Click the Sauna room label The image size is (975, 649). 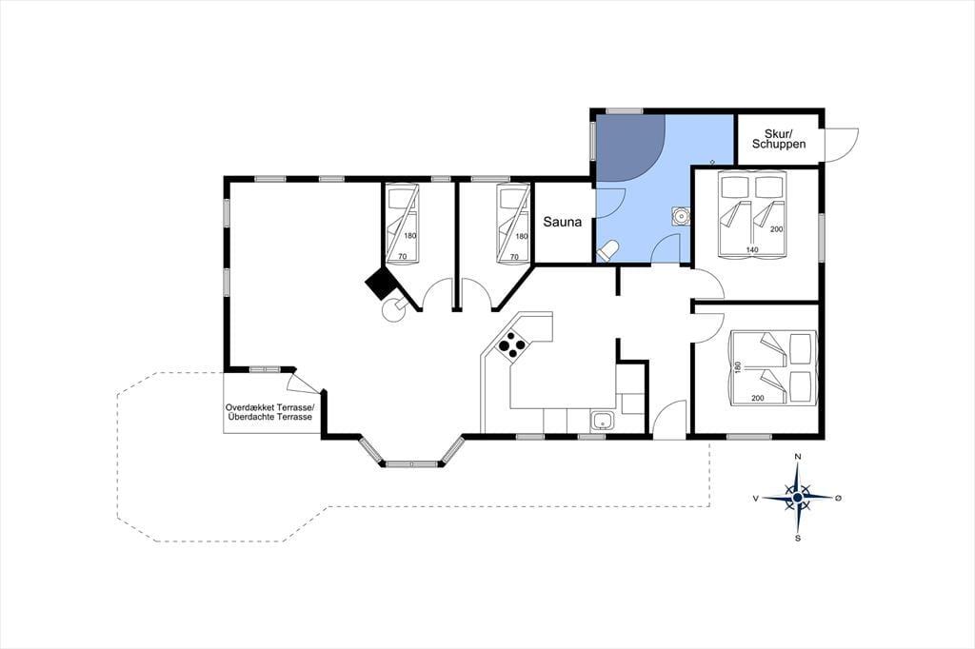[562, 222]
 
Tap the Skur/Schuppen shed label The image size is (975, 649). [779, 139]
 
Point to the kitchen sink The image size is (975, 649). [602, 421]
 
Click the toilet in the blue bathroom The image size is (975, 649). [607, 250]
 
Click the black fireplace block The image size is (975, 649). [381, 285]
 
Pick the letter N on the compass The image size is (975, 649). [798, 457]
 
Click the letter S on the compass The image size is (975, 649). [798, 539]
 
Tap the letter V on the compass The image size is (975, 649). [755, 498]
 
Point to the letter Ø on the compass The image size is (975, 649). [838, 498]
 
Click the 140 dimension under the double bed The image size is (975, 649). [752, 250]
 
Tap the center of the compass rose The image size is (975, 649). [797, 498]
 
